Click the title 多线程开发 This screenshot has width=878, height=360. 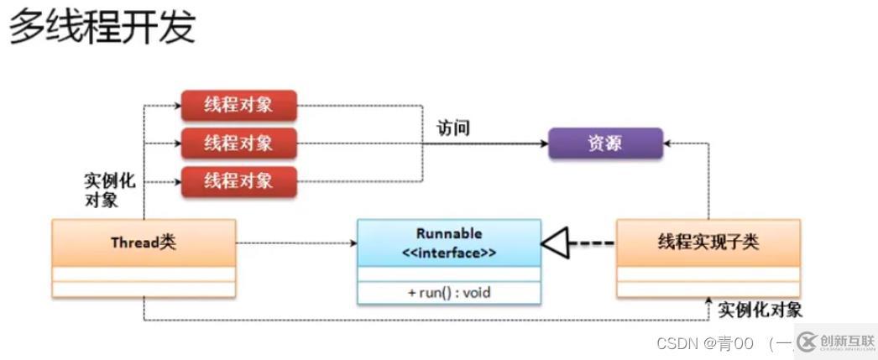(x=102, y=27)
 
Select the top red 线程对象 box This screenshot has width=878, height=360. (x=238, y=106)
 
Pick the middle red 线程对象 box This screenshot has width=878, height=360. (x=238, y=143)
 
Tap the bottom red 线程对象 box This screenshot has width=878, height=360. (x=238, y=180)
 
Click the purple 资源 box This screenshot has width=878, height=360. (x=604, y=143)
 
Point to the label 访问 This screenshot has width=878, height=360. (x=453, y=128)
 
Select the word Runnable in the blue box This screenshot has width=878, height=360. (x=448, y=233)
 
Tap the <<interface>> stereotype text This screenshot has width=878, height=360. (x=448, y=251)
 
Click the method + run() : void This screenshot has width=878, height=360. (x=448, y=292)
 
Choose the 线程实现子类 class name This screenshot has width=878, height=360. (x=708, y=243)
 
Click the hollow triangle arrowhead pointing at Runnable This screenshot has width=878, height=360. (x=554, y=243)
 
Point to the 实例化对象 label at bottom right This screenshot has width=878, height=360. (x=760, y=310)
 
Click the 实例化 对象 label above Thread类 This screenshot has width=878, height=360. (x=109, y=190)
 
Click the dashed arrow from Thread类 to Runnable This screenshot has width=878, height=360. (x=294, y=243)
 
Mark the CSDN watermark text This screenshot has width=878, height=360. (x=704, y=342)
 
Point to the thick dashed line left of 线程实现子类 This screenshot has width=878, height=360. (x=591, y=243)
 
